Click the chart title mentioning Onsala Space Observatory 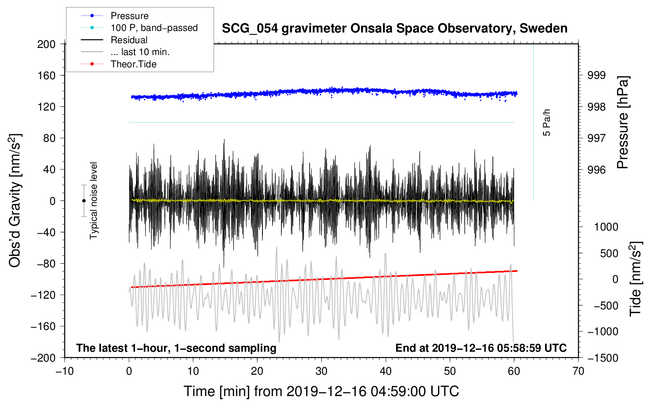click(x=394, y=29)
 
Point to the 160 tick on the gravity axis click(x=46, y=75)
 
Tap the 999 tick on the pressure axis click(x=597, y=75)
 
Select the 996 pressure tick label click(x=597, y=170)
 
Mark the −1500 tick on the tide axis click(x=603, y=358)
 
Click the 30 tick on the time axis click(x=321, y=371)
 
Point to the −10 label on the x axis click(x=65, y=371)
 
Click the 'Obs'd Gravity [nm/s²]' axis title click(x=15, y=200)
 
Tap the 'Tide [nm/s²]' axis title click(x=635, y=279)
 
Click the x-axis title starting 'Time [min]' click(x=321, y=391)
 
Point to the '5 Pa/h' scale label click(x=547, y=122)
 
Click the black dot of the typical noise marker click(x=84, y=201)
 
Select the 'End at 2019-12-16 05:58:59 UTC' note click(x=481, y=348)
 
